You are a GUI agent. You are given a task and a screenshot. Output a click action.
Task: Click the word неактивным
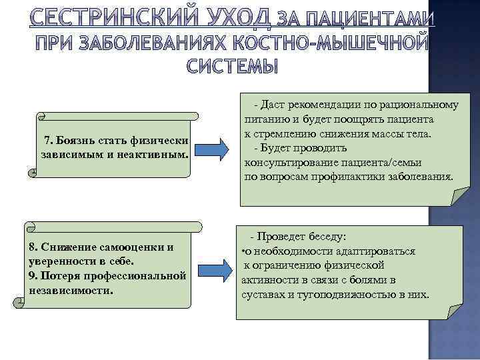coord(157,155)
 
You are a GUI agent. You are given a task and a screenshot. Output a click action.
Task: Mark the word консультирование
coord(293,163)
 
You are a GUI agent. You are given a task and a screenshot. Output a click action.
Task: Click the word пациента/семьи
coord(387,163)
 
